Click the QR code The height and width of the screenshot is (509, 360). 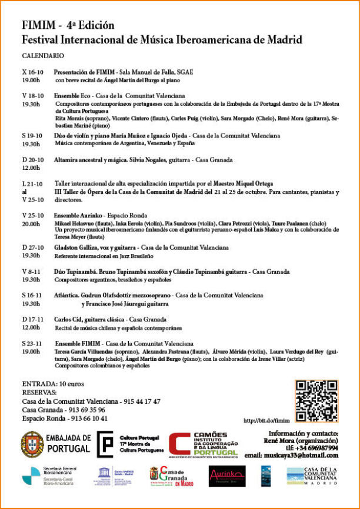point(316,401)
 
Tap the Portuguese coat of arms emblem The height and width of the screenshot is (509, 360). point(32,443)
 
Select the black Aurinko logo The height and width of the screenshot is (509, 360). point(226,475)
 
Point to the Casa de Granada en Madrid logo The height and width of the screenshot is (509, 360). point(171,475)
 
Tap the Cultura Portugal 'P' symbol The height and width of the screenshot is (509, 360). point(105,444)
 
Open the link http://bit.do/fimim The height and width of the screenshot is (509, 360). point(267,421)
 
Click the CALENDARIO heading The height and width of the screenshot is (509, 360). point(43,55)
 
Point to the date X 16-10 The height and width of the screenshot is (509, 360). point(32,72)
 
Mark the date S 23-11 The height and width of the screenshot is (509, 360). point(32,343)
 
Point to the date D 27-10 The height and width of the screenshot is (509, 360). point(32,247)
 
